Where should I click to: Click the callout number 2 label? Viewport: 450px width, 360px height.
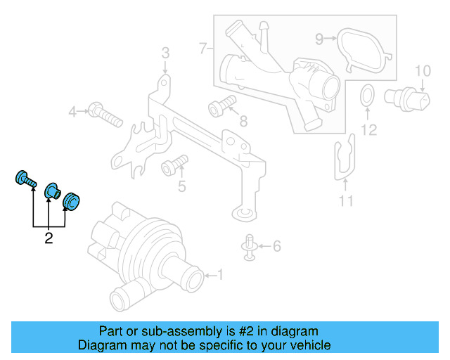[x=49, y=239]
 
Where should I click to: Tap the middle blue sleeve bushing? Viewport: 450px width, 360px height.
[x=52, y=191]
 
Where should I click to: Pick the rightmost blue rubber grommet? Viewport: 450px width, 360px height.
[x=72, y=201]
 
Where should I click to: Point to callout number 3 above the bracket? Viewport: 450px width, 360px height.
[x=165, y=53]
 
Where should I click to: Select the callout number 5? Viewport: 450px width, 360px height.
[x=181, y=186]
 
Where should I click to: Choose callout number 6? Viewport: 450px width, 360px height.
[x=276, y=246]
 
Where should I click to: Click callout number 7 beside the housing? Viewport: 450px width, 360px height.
[x=202, y=49]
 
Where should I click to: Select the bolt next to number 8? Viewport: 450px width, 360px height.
[x=219, y=107]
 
